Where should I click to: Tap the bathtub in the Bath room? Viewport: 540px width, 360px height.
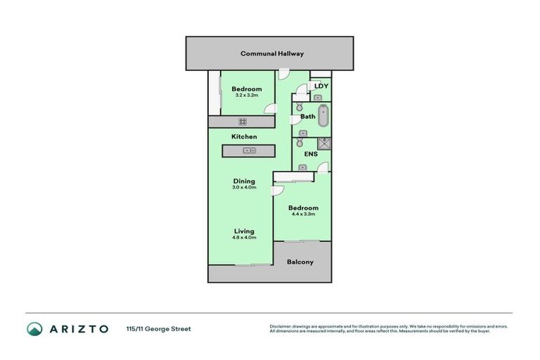pos(323,116)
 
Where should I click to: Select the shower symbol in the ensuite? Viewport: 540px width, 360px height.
pos(323,143)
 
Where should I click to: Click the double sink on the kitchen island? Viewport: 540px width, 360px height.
pos(249,150)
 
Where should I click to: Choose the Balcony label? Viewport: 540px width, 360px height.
pos(300,262)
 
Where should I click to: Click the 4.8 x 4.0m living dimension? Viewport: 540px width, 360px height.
pos(245,238)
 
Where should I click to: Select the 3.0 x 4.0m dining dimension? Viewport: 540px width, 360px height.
pos(245,188)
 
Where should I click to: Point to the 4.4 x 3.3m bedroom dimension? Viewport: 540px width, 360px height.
pos(303,214)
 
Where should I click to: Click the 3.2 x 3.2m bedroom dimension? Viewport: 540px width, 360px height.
pos(246,96)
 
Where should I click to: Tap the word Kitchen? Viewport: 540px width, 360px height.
pos(244,136)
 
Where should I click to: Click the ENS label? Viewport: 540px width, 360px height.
pos(310,154)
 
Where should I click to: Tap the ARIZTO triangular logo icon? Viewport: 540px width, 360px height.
pos(34,328)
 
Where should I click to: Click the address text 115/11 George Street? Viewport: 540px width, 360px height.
pos(158,328)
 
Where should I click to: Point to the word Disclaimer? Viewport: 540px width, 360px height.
pos(281,326)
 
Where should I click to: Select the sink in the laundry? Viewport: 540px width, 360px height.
pos(318,97)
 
